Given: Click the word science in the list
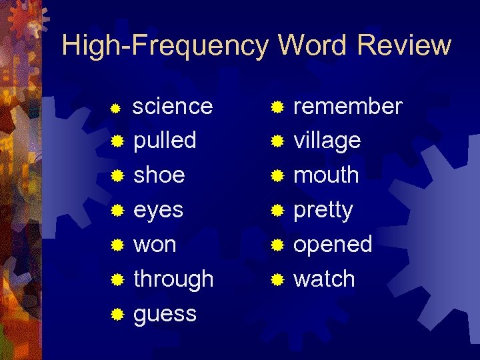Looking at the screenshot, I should pyautogui.click(x=173, y=106).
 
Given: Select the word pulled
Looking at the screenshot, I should pyautogui.click(x=165, y=141).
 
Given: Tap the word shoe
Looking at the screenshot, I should pyautogui.click(x=159, y=175).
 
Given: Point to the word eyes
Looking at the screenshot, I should pyautogui.click(x=158, y=211).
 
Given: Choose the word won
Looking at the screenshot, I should pyautogui.click(x=155, y=245).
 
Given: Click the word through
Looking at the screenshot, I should pyautogui.click(x=173, y=279).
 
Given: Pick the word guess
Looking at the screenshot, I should pyautogui.click(x=165, y=314).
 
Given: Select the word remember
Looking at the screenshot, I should pyautogui.click(x=348, y=106).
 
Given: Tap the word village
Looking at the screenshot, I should pyautogui.click(x=327, y=141).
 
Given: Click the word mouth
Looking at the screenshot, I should pyautogui.click(x=326, y=175).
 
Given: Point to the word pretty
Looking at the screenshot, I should pyautogui.click(x=323, y=211).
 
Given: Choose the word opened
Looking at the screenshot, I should pyautogui.click(x=333, y=245).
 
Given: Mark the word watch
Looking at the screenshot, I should pyautogui.click(x=324, y=279).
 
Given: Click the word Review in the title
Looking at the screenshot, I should pyautogui.click(x=404, y=45).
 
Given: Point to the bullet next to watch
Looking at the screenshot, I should pyautogui.click(x=277, y=279).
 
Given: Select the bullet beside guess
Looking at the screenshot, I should pyautogui.click(x=117, y=314).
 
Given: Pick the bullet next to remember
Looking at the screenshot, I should pyautogui.click(x=277, y=106).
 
